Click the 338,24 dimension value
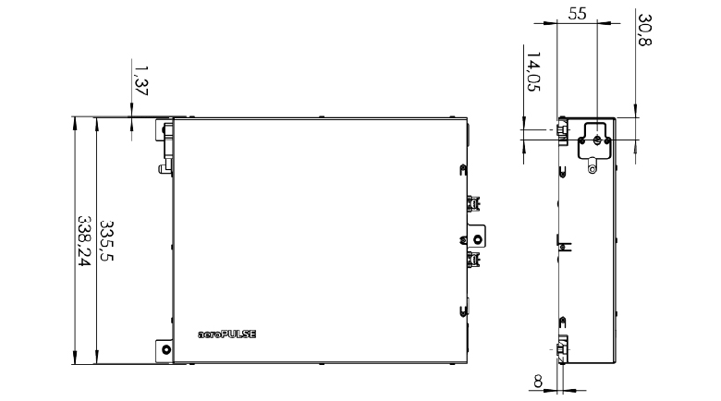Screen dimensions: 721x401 (84, 240)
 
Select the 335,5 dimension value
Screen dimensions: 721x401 (106, 240)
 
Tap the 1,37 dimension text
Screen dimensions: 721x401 (141, 80)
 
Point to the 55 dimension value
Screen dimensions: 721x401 (577, 14)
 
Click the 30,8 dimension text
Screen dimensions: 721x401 (644, 30)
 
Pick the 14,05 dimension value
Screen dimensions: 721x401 (533, 71)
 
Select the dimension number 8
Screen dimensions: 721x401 (538, 382)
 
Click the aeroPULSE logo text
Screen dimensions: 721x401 (226, 334)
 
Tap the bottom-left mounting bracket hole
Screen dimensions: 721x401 (166, 349)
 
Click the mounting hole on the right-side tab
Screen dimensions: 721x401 (478, 239)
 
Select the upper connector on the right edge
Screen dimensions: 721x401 (473, 203)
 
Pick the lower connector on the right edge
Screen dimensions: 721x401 (473, 260)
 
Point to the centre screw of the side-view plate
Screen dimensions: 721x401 (596, 140)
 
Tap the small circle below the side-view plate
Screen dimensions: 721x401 (593, 170)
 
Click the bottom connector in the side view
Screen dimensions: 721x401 (562, 350)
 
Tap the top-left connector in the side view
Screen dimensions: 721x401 (562, 130)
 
